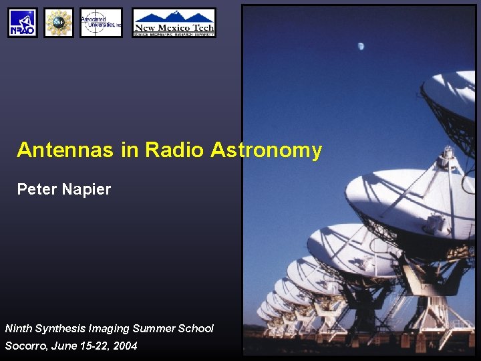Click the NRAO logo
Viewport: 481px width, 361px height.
click(x=23, y=23)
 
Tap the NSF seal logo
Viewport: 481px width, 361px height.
click(x=59, y=23)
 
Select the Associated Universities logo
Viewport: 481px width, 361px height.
click(x=101, y=23)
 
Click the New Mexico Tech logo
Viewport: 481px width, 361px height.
click(x=174, y=23)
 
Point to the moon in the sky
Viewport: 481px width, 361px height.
click(x=361, y=46)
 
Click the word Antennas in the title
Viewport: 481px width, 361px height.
click(x=66, y=150)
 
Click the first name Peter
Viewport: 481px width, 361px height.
click(x=37, y=190)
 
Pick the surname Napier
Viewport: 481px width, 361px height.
click(x=86, y=190)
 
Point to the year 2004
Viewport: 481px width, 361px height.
click(x=125, y=346)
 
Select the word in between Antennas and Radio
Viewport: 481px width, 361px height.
click(x=130, y=150)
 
